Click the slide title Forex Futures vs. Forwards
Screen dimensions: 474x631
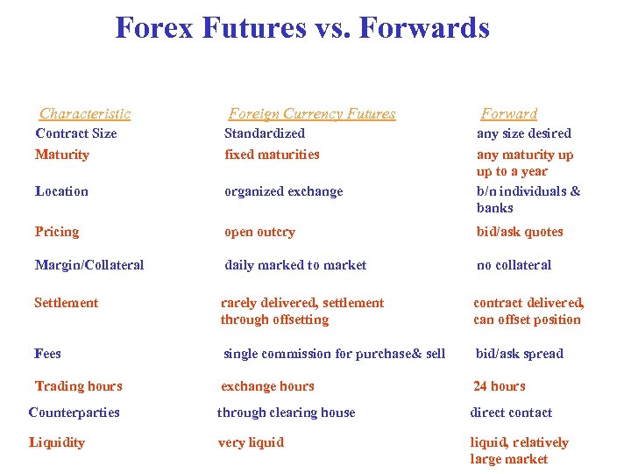click(302, 28)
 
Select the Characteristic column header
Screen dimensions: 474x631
click(85, 113)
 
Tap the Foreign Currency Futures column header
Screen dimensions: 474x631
click(312, 113)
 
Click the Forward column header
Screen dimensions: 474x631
click(509, 113)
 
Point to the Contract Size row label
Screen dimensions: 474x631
click(75, 133)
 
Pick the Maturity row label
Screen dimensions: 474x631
click(61, 154)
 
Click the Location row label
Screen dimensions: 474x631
click(61, 191)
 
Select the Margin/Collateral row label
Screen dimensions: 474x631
click(89, 265)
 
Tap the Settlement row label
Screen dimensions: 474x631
click(67, 303)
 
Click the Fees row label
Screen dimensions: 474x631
click(48, 354)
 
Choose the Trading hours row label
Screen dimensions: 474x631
click(78, 386)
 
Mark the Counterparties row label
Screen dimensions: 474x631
click(74, 413)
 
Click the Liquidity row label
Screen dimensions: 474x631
click(57, 442)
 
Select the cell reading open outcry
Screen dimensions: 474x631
click(259, 233)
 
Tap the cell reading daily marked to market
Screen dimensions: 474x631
click(295, 265)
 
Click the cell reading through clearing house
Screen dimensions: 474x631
click(286, 413)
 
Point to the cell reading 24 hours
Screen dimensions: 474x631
click(499, 386)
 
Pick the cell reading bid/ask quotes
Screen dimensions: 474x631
click(520, 233)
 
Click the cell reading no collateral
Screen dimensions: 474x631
click(514, 265)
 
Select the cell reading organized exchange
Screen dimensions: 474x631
click(284, 191)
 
